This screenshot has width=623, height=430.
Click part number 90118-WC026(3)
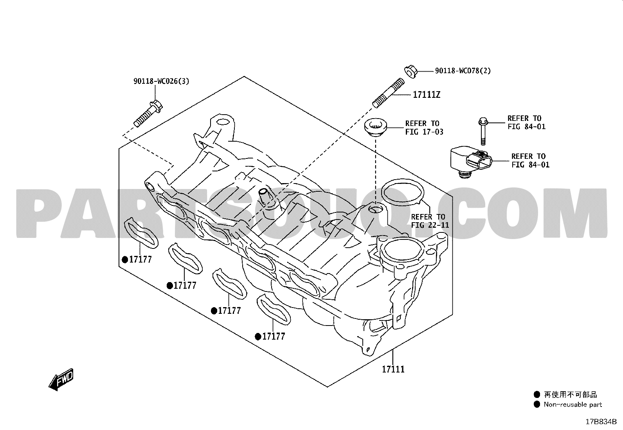(161, 81)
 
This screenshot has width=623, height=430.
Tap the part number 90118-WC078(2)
(463, 71)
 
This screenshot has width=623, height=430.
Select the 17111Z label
(427, 95)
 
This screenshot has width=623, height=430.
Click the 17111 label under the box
(393, 369)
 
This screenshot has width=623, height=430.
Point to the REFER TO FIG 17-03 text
(424, 128)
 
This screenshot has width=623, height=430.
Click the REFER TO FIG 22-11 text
(430, 221)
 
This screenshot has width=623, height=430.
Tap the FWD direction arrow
(61, 380)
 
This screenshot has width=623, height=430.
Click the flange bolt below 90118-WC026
(148, 113)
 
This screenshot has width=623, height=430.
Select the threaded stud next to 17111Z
(388, 93)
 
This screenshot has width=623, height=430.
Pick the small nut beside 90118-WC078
(410, 71)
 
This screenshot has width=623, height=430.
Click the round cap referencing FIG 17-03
(376, 128)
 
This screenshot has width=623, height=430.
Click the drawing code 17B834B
(601, 422)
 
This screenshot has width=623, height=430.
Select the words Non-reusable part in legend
(573, 405)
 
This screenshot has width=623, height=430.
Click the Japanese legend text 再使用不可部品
(571, 394)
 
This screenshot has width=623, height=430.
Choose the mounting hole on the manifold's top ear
(223, 122)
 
